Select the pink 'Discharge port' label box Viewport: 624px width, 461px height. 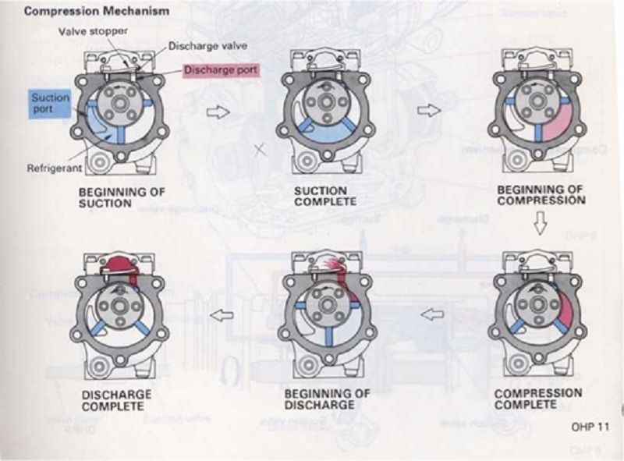tap(222, 70)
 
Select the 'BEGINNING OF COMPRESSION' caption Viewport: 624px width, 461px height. tap(541, 194)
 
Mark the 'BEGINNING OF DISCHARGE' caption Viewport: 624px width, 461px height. tap(327, 399)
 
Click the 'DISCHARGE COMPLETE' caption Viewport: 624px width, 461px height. tap(116, 400)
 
